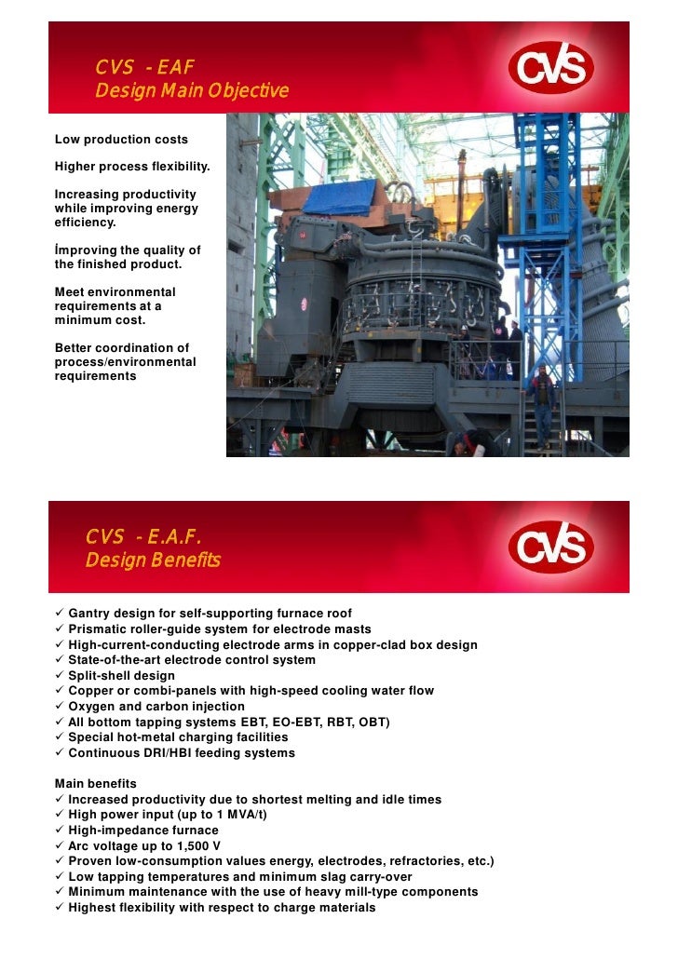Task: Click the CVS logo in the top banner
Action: [x=551, y=68]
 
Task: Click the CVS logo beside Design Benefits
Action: [x=551, y=547]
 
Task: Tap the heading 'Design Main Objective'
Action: [x=192, y=91]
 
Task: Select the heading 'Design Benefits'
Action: [x=153, y=561]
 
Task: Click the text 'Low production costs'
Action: [x=121, y=140]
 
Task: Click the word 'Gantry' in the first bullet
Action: [x=89, y=614]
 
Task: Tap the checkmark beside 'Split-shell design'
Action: [x=60, y=675]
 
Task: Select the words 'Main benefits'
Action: [x=96, y=784]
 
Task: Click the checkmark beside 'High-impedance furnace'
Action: [x=60, y=830]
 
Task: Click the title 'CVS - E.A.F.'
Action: [x=143, y=537]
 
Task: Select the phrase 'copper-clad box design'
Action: [x=404, y=644]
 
